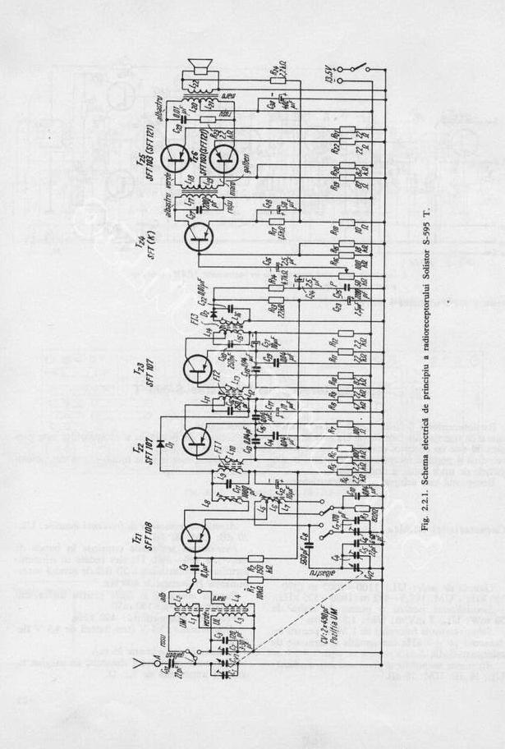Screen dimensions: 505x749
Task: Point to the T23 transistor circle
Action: pos(198,370)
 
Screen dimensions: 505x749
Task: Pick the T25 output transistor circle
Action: pos(174,157)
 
